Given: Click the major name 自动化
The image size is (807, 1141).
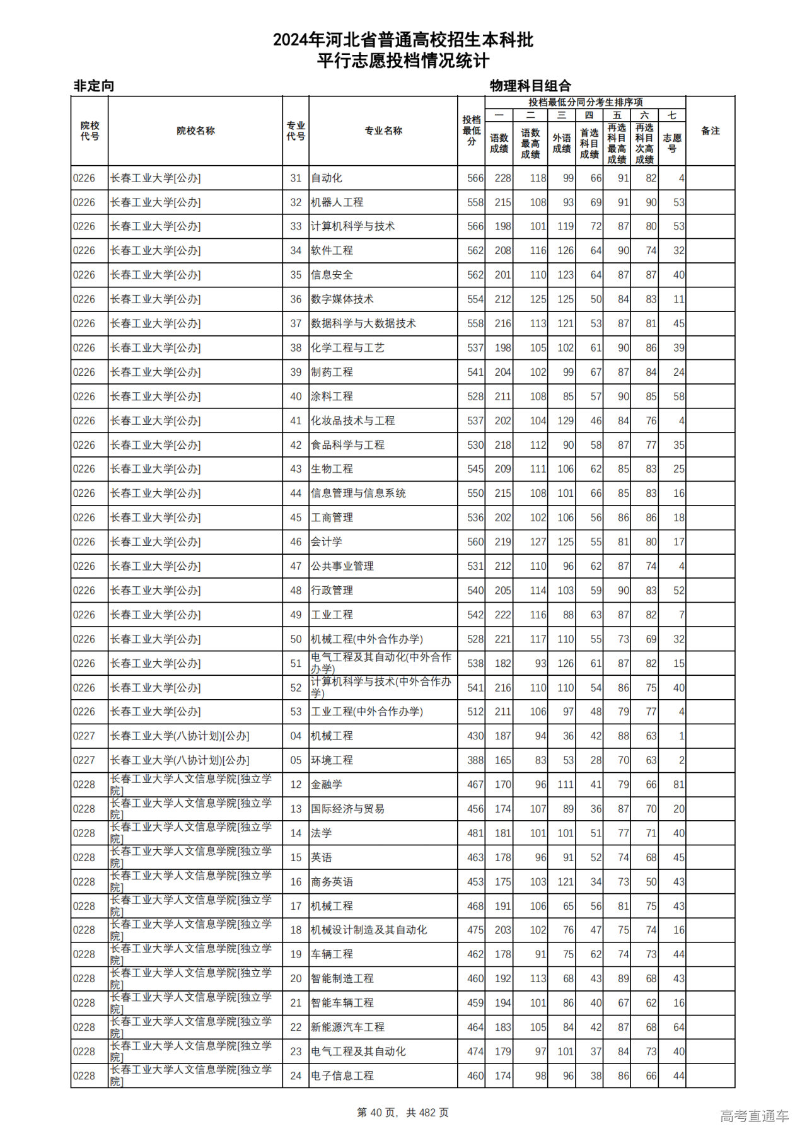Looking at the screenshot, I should point(327,178).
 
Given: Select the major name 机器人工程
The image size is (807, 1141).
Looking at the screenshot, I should point(337,202).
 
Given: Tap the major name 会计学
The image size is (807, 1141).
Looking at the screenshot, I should point(327,542).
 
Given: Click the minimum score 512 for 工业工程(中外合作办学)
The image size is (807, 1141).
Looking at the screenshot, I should point(475,712).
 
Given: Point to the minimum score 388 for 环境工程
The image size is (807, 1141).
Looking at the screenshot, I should point(475,760).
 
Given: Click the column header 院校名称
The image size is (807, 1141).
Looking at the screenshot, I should point(195,131).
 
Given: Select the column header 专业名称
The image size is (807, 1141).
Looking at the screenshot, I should point(383,131).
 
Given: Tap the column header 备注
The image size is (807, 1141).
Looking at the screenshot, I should point(710,131).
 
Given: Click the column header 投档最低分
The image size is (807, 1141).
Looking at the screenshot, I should point(472,131).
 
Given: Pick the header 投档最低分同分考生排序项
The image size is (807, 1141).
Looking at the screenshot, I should point(585,103).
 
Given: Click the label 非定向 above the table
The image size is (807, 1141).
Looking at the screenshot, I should point(94,86).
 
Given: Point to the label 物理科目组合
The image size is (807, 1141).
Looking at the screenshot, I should point(530,86).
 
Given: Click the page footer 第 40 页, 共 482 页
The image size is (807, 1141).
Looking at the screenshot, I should point(403,1113).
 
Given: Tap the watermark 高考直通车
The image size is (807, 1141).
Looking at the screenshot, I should point(754,1116).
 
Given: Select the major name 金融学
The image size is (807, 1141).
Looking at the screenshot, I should point(327,785).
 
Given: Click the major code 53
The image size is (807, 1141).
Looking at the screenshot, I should point(296,712).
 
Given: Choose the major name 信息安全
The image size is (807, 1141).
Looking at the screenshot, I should point(332,275).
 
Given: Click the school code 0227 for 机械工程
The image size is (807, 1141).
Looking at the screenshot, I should point(84,736).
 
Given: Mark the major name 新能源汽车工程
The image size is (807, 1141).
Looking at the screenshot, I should point(347,1027).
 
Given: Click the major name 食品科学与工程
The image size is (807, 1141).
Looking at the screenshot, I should point(347,445).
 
